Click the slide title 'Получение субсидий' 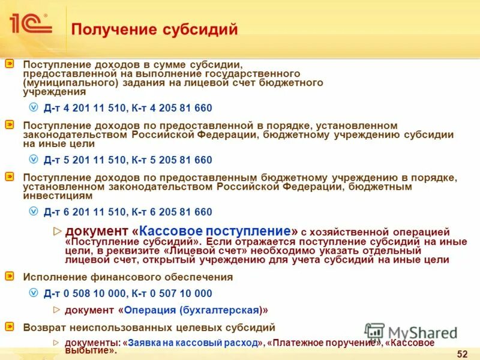click(155, 29)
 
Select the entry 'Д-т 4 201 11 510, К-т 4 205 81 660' click(128, 107)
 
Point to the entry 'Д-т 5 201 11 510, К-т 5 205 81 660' click(128, 160)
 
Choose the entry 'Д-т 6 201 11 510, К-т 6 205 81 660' click(128, 212)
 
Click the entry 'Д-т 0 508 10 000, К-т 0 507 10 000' click(128, 293)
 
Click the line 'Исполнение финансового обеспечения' click(127, 277)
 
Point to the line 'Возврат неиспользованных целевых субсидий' click(149, 328)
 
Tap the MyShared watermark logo click(410, 333)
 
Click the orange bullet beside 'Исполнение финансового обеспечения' click(10, 277)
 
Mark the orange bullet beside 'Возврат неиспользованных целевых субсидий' click(10, 327)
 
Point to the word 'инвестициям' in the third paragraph click(58, 196)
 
